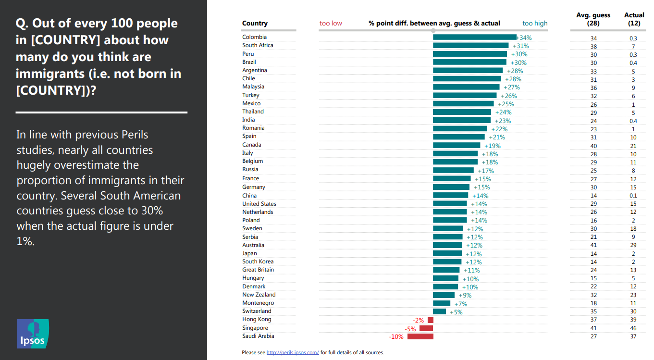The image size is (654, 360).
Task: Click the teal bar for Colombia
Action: pos(475,37)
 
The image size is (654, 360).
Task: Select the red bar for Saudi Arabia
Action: pos(420,336)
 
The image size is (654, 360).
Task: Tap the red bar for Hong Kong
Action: pos(431,320)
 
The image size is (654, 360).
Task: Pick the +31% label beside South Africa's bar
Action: pos(520,46)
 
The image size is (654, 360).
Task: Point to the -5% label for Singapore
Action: pos(410,329)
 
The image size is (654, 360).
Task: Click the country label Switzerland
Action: pos(257,311)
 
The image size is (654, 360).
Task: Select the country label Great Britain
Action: pos(259,270)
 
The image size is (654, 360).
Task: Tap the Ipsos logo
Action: pos(33,334)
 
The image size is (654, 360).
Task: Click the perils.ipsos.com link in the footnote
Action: pos(293,353)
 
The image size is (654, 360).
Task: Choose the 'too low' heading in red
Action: pos(331,23)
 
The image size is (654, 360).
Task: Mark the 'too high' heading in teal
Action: pos(535,23)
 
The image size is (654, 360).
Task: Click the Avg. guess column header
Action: pos(593,19)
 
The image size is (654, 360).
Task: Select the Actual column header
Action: pos(634,19)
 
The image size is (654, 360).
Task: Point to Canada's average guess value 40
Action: pos(593,146)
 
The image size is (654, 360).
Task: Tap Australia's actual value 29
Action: pos(633,245)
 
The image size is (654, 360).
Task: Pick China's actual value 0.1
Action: pos(633,196)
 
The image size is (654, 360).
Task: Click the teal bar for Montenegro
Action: pos(442,303)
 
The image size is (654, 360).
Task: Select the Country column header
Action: pos(255,23)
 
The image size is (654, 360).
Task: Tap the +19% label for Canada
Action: pos(493,146)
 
